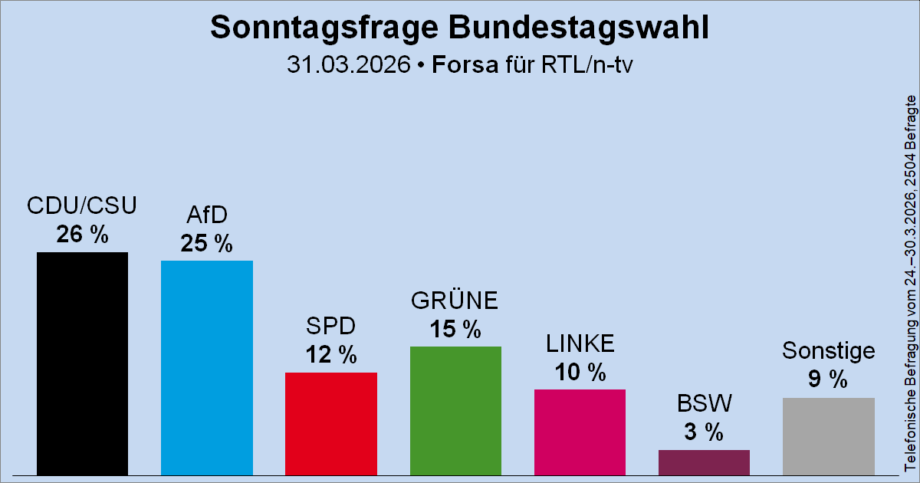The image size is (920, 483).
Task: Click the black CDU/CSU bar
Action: coord(82,364)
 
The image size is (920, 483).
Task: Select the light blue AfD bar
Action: coord(206,368)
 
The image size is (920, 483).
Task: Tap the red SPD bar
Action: coord(330,424)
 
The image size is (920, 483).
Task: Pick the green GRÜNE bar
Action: coord(455,411)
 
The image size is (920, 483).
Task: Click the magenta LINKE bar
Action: coord(580,432)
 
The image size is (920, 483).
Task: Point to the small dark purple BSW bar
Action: coord(704,462)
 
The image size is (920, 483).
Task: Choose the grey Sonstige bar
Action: coord(828,436)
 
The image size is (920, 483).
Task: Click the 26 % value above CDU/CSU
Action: coord(82,235)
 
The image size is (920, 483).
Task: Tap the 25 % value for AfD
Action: coord(206,244)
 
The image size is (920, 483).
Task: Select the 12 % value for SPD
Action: coord(330,355)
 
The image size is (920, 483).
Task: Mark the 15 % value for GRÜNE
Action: coord(455,329)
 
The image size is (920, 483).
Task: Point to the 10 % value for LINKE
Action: coord(580,373)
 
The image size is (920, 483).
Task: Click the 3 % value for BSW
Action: coord(704,432)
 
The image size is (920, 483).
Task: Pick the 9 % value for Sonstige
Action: coord(828,380)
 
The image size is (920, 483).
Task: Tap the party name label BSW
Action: coord(704,402)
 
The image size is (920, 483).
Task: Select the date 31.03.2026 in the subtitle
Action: coord(347,64)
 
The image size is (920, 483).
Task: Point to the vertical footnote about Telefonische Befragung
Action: coord(910,284)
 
